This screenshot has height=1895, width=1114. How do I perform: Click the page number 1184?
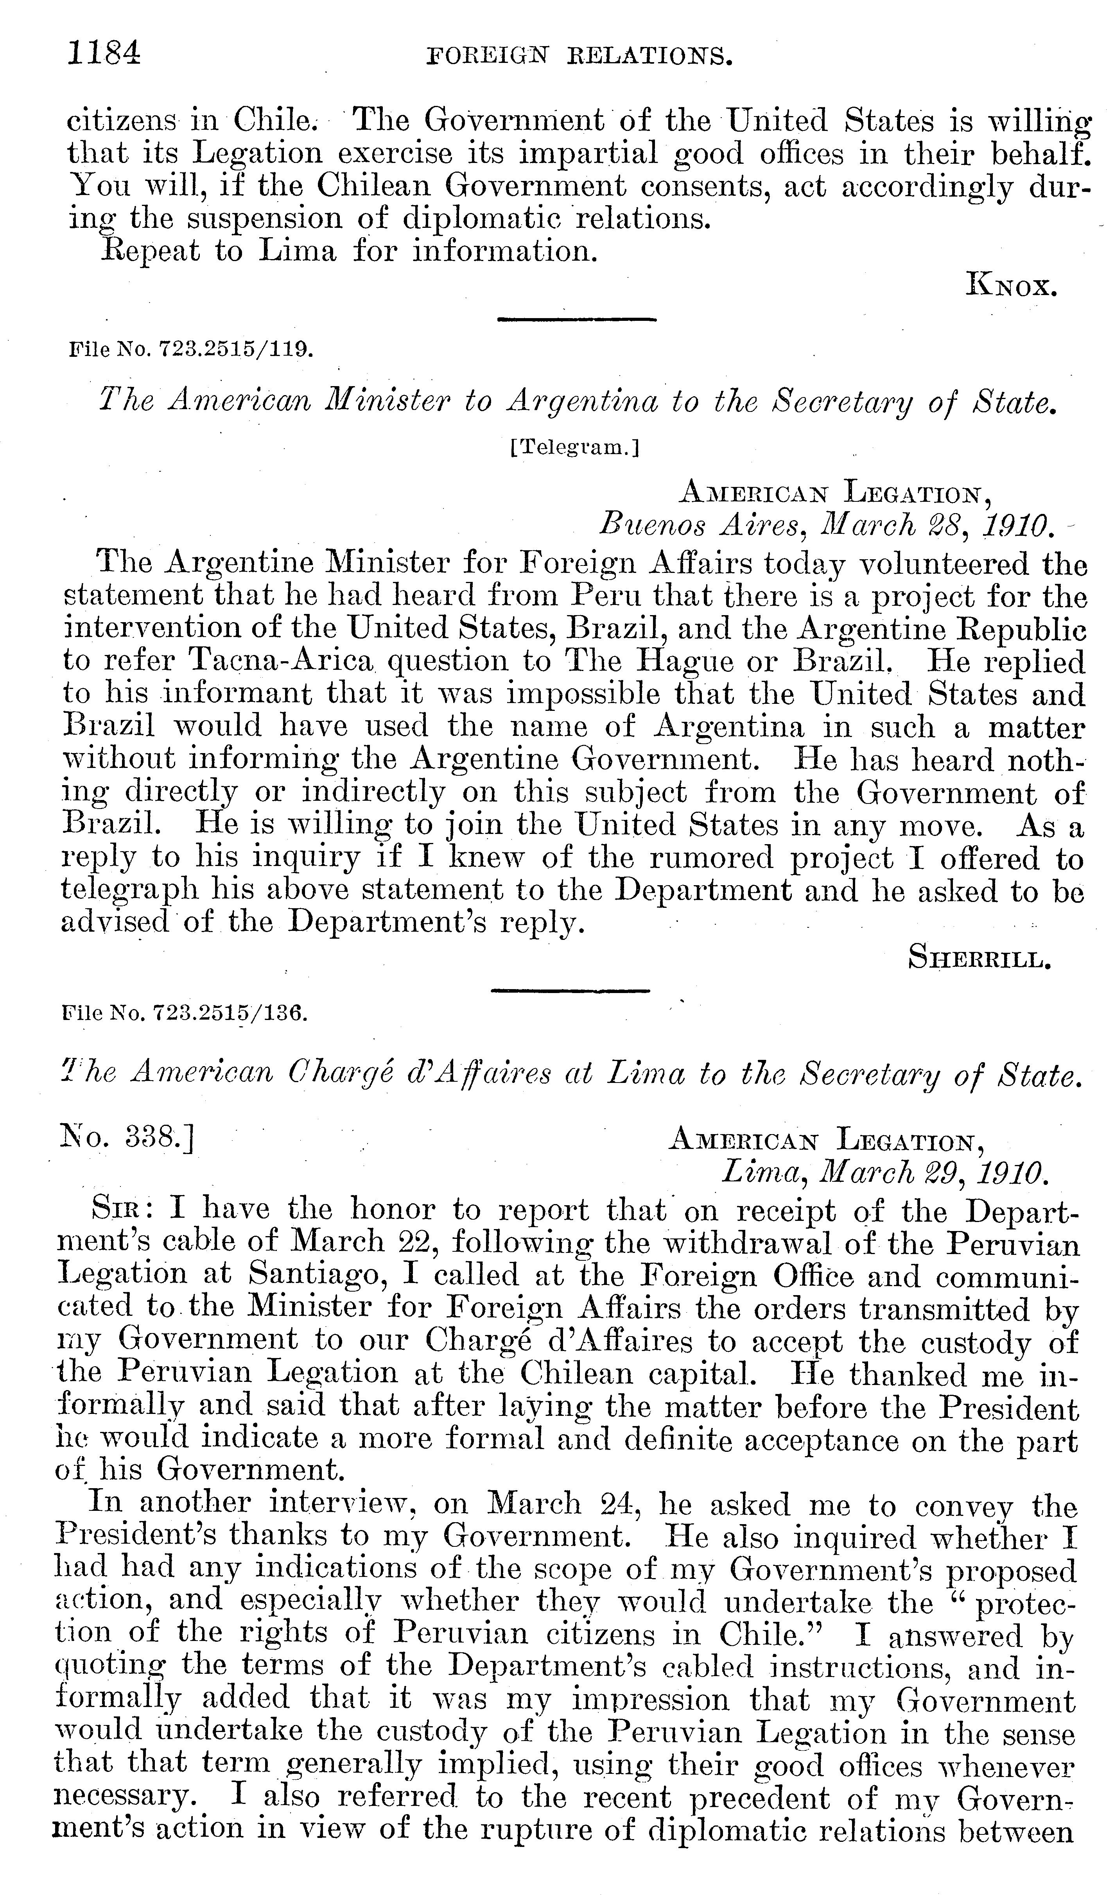coord(104,54)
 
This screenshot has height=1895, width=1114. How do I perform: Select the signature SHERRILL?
coord(979,958)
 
